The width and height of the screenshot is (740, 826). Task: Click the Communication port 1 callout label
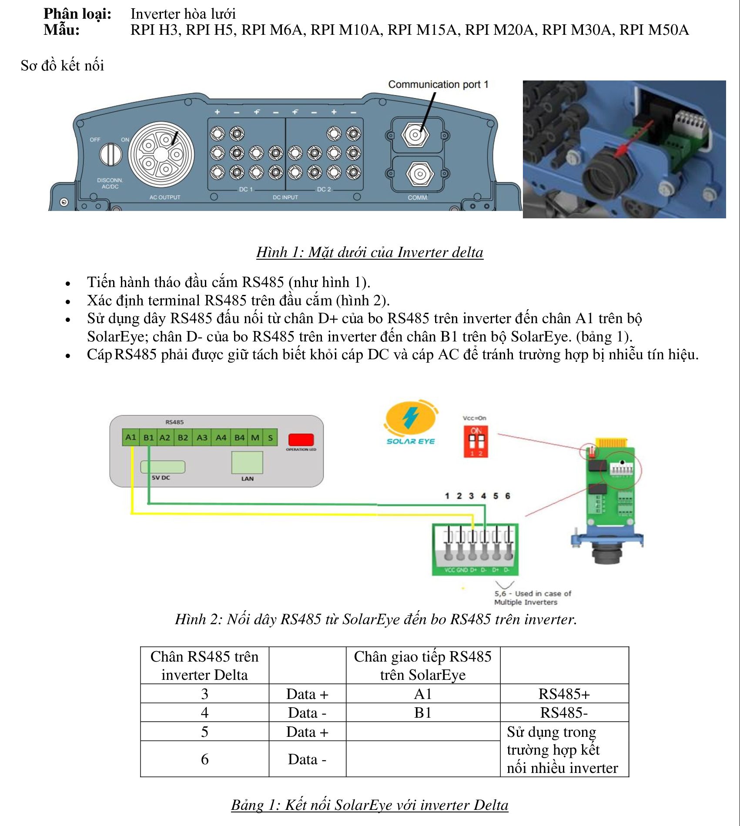click(x=438, y=84)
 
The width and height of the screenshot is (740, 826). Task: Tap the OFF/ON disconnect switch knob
click(x=111, y=154)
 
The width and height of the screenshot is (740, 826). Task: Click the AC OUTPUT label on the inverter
click(x=164, y=197)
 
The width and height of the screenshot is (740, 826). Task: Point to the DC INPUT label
click(x=285, y=197)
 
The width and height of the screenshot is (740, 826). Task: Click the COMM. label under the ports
click(x=418, y=197)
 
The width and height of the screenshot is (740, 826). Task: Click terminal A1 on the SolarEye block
click(x=131, y=437)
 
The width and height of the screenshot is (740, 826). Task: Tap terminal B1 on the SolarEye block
click(x=149, y=437)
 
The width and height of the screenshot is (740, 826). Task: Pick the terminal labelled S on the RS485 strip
click(x=270, y=437)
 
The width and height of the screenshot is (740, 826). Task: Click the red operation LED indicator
click(x=301, y=439)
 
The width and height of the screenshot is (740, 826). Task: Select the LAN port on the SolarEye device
click(x=247, y=462)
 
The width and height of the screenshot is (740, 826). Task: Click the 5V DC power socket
click(x=163, y=467)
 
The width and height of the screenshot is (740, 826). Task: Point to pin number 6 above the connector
click(x=507, y=496)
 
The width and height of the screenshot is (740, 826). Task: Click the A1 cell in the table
click(x=422, y=694)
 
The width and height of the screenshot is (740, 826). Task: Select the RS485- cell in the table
click(x=564, y=712)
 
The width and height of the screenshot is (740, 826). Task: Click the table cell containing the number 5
click(x=204, y=732)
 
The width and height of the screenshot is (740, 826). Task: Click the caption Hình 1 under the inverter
click(x=369, y=252)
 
